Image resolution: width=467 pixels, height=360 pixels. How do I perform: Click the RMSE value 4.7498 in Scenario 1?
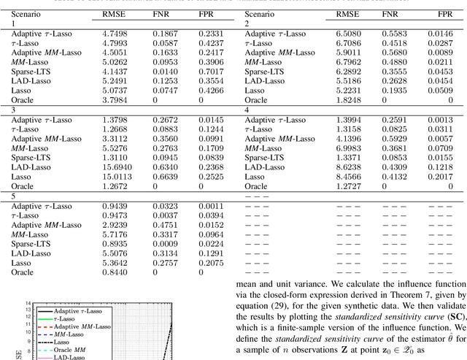114,34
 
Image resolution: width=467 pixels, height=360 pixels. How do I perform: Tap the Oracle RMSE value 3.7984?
114,99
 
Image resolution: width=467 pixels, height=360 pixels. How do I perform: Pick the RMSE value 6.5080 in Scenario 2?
349,34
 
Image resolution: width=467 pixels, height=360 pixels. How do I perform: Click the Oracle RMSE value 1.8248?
349,99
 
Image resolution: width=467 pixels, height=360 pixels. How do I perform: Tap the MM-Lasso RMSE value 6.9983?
349,148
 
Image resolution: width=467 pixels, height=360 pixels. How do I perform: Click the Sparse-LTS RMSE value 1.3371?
349,157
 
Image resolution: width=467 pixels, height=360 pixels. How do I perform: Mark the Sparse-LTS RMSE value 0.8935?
114,243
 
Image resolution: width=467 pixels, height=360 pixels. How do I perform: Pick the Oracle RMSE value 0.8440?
114,272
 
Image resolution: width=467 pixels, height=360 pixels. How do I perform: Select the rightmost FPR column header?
444,14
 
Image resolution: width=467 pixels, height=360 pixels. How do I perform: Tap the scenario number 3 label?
13,109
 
